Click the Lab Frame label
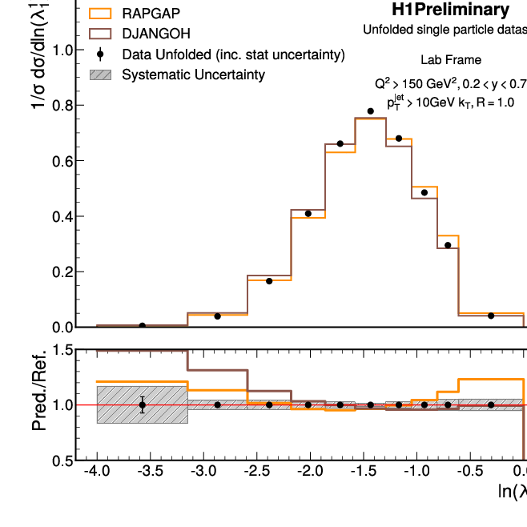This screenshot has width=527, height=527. pyautogui.click(x=451, y=60)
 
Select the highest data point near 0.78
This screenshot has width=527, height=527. pyautogui.click(x=370, y=111)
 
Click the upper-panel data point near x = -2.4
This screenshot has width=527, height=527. pyautogui.click(x=269, y=281)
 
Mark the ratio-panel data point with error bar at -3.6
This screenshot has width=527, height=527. pyautogui.click(x=143, y=404)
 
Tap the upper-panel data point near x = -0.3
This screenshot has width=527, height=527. pyautogui.click(x=491, y=316)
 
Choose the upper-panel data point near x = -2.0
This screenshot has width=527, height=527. pyautogui.click(x=308, y=214)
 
